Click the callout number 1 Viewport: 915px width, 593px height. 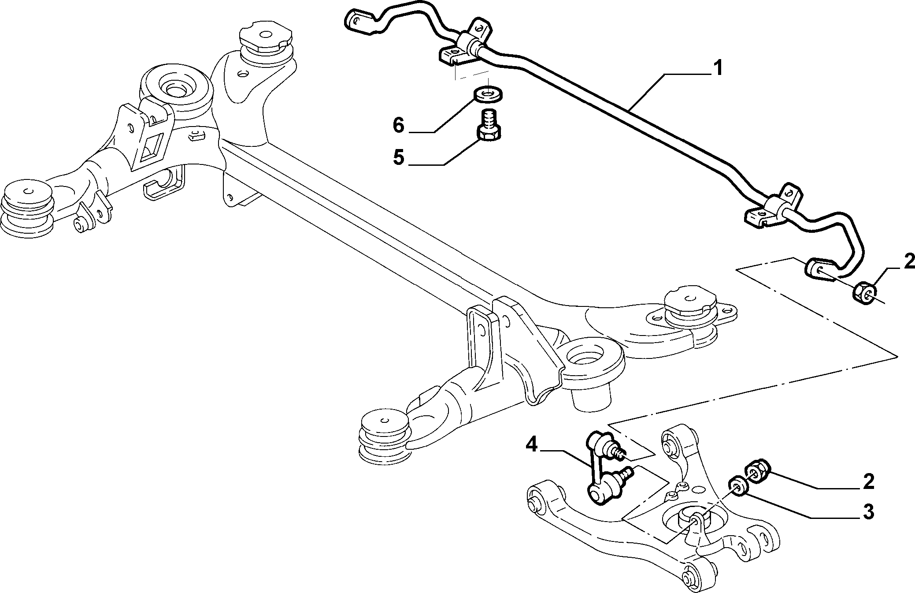718,69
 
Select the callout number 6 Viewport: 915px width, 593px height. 398,125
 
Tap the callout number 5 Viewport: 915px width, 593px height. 398,157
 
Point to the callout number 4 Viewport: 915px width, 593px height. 531,445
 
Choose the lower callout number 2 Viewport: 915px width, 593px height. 868,481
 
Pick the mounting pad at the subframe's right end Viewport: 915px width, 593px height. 690,309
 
